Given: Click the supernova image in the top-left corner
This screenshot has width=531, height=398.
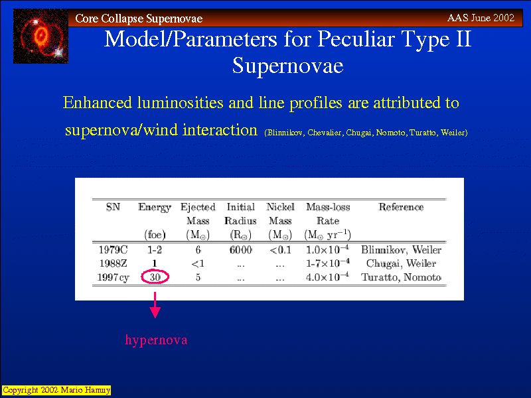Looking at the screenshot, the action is point(40,36).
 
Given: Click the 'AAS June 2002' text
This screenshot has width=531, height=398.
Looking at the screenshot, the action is point(481,18).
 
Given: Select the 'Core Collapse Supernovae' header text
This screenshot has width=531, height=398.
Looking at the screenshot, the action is point(139,19).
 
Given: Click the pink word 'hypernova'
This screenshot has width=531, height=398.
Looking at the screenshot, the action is point(156,340).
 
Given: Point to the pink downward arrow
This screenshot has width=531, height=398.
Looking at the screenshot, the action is point(155,305).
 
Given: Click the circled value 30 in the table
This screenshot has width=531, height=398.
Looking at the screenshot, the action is point(155,277).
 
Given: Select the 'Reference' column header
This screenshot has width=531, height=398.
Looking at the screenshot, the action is point(401,207).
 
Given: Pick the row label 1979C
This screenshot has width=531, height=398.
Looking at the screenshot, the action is point(113,250).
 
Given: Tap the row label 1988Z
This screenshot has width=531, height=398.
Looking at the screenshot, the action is point(113,263).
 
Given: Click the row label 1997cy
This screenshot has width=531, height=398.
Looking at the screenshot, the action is point(113,277).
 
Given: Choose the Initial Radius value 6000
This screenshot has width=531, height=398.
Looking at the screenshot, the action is point(240,250).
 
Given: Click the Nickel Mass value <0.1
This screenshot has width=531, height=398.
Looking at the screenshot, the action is point(280,250).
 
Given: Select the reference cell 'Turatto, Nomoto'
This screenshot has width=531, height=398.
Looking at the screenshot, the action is point(401,277).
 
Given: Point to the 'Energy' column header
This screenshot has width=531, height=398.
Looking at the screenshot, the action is point(155,207).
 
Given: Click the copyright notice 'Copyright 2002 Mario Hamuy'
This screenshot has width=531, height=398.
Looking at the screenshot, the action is point(56,390).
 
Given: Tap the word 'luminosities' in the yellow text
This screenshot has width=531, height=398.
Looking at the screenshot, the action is point(180,103).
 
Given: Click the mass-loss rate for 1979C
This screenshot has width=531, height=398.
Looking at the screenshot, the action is point(327,249).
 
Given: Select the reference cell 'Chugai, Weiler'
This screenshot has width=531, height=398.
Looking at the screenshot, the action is point(401,263).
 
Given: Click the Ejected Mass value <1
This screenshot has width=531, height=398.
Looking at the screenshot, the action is point(198,263).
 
